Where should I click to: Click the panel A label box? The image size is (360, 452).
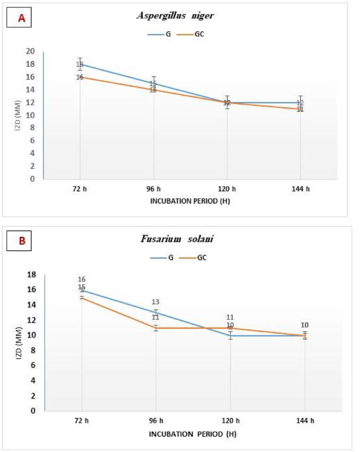22,18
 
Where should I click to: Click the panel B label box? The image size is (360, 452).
22,242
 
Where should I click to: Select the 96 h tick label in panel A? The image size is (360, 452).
153,188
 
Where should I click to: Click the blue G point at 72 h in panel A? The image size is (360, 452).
80,64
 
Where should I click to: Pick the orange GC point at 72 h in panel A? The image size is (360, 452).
80,77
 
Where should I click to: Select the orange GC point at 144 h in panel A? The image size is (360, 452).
300,109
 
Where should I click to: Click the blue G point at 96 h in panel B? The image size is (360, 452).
156,312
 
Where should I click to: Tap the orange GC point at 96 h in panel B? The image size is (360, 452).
156,328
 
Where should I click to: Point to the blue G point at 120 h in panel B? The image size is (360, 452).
230,335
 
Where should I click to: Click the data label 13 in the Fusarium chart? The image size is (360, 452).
156,302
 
